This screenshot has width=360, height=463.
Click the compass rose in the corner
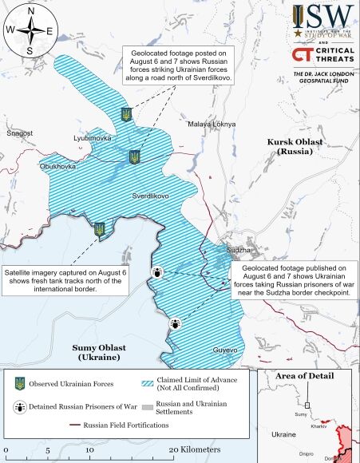30,31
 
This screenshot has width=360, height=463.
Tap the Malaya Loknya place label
212,125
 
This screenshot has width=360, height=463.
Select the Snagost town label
19,133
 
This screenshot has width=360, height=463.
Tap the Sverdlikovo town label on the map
150,196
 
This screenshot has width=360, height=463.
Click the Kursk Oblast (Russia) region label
297,146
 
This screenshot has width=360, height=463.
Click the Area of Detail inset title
307,376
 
